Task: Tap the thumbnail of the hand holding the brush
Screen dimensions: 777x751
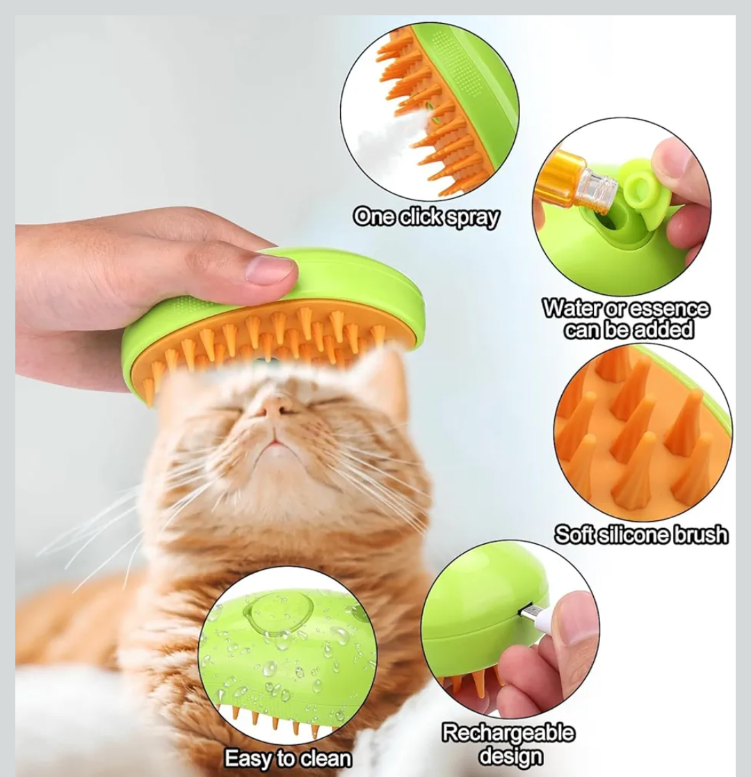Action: pos(270,269)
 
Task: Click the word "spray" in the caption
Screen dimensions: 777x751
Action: pos(471,218)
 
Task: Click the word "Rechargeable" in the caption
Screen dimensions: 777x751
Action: pos(508,733)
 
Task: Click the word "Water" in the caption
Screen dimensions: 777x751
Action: pos(572,309)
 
